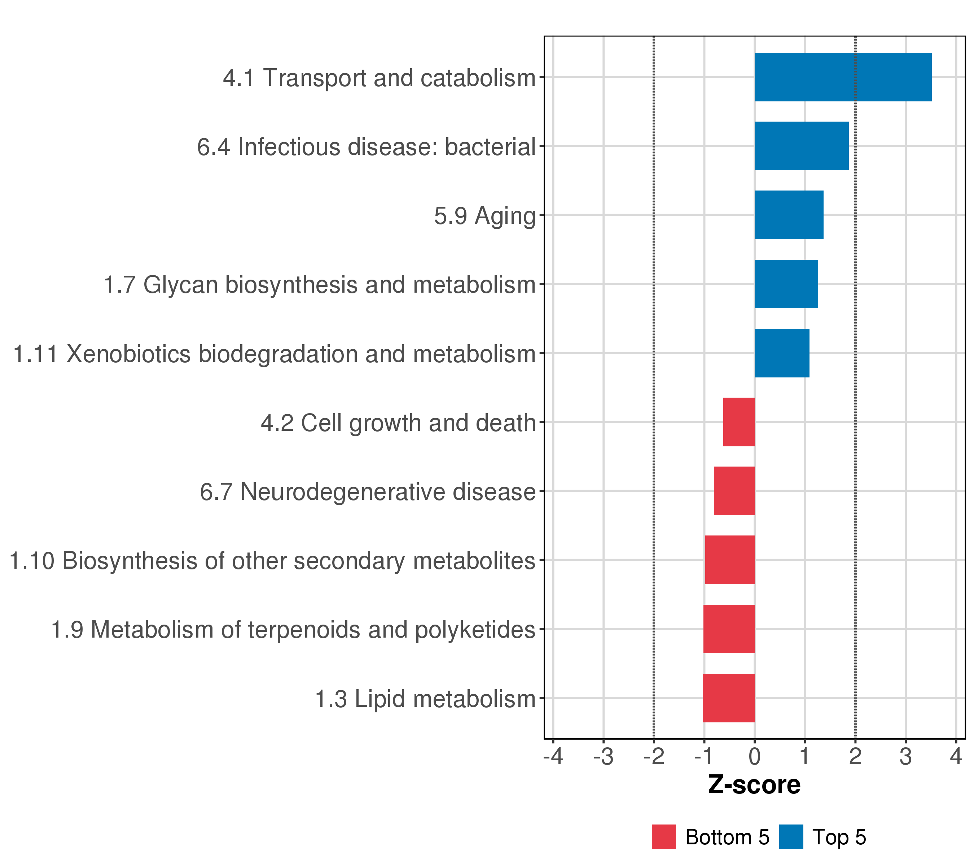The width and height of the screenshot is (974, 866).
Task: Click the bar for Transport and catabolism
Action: point(842,77)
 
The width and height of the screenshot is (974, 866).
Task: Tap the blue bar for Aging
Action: point(789,215)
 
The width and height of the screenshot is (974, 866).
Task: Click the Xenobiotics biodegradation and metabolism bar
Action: point(781,353)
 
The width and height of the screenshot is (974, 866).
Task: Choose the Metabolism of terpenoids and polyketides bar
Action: point(729,629)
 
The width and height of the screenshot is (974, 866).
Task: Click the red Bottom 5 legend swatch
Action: point(663,837)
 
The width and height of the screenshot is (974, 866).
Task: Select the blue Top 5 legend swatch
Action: point(791,837)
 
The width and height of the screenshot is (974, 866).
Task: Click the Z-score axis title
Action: point(754,785)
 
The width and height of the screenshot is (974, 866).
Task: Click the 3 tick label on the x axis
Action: point(905,757)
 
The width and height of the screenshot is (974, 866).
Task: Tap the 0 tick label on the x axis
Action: point(754,757)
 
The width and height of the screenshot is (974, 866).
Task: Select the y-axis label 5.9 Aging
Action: point(484,216)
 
